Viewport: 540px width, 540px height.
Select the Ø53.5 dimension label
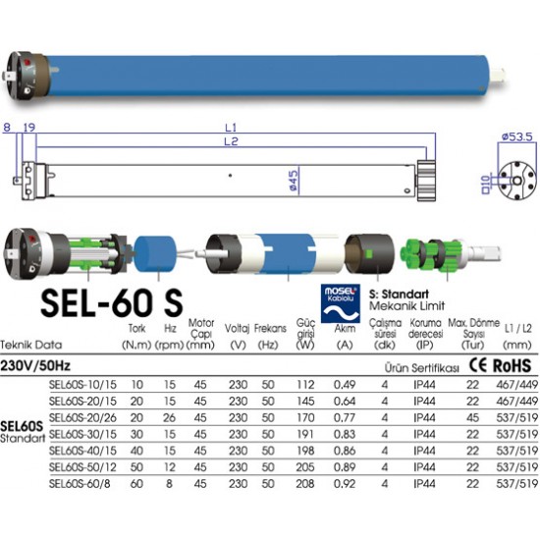514,137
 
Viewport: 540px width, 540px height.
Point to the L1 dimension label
230,128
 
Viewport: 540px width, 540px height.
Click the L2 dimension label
230,143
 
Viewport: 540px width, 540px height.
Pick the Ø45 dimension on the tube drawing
293,178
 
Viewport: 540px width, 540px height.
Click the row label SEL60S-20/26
81,417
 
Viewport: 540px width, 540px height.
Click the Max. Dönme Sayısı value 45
472,417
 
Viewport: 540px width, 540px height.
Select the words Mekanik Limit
400,306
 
